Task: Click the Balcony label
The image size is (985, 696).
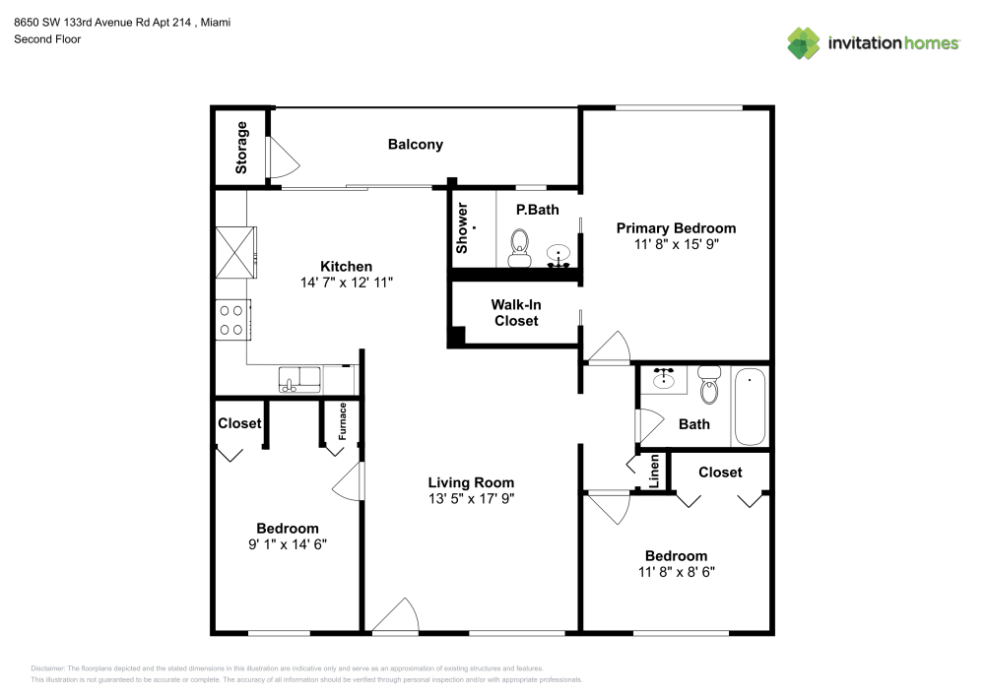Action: pyautogui.click(x=415, y=145)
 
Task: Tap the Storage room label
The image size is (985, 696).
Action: pyautogui.click(x=242, y=148)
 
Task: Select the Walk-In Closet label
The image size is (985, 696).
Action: pyautogui.click(x=516, y=313)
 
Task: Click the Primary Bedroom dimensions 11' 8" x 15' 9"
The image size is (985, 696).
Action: pyautogui.click(x=676, y=245)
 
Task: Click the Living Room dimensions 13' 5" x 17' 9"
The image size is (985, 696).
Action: pyautogui.click(x=471, y=499)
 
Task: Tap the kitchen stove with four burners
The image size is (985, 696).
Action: pyautogui.click(x=232, y=320)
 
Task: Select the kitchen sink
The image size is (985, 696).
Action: pyautogui.click(x=297, y=379)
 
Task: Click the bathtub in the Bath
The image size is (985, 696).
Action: pyautogui.click(x=750, y=407)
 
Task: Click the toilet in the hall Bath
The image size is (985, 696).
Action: pyautogui.click(x=708, y=387)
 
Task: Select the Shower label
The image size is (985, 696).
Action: pyautogui.click(x=461, y=228)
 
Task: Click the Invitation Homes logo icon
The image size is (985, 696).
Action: pyautogui.click(x=803, y=42)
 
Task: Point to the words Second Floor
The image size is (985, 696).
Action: pyautogui.click(x=47, y=39)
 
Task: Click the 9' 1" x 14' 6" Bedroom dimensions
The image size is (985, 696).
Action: pyautogui.click(x=287, y=544)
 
